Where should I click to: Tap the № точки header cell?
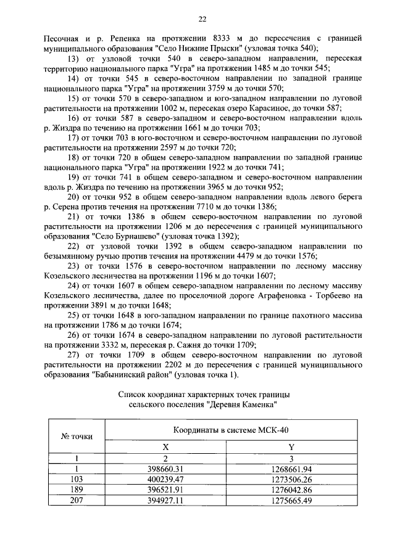tap(76, 437)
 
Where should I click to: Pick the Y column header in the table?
tap(291, 449)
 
